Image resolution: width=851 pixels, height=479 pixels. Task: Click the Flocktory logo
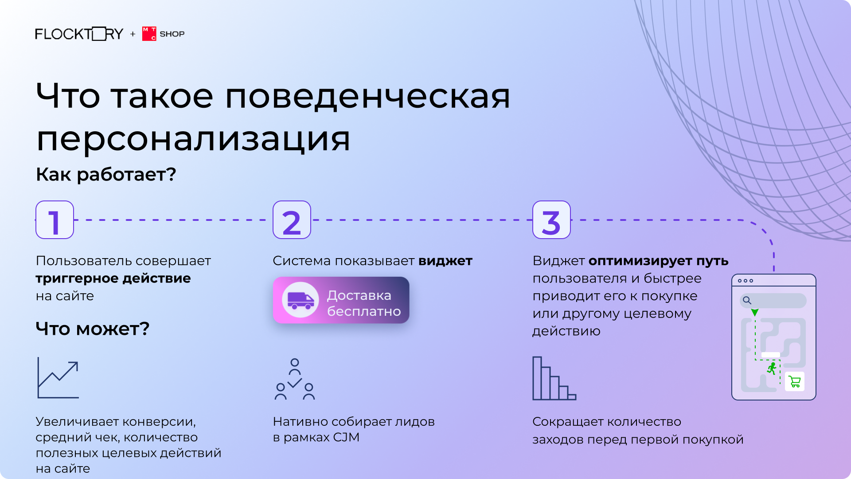pos(79,34)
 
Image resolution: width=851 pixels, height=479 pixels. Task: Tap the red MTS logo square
pos(149,34)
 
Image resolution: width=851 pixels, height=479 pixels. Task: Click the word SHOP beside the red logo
pos(172,34)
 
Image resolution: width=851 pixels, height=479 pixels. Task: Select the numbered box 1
pos(55,220)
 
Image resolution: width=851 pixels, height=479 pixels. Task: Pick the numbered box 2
pos(292,220)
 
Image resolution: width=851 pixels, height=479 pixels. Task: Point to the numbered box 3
pos(551,220)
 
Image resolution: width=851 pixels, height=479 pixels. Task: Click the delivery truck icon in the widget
pos(301,300)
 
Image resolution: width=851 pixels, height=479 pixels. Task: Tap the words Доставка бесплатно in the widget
pos(364,303)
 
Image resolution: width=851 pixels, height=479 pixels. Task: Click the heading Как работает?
pos(106,175)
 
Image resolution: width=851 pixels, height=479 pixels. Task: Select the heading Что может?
pos(93,329)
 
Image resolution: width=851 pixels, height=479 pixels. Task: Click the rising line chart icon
pos(58,377)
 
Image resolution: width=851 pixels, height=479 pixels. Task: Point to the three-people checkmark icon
pos(295,379)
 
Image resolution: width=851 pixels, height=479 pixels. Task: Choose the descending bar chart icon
pos(554,378)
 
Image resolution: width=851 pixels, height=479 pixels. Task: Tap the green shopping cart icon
pos(795,381)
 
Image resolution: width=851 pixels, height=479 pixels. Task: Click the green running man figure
pos(772,369)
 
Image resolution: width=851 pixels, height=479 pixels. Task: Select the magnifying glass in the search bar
pos(747,301)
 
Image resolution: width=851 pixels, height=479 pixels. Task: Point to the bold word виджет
pos(445,261)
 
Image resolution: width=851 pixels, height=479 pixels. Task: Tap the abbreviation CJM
pos(346,437)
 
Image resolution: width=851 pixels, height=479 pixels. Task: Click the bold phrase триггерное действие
pos(113,279)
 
